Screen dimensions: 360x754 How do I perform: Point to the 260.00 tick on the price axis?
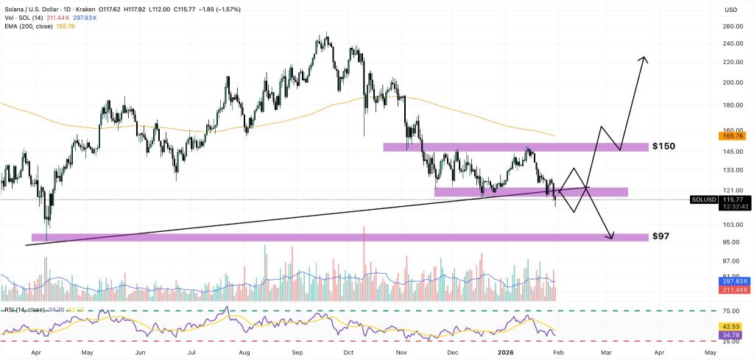coord(731,27)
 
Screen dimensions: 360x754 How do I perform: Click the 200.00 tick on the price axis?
coord(731,83)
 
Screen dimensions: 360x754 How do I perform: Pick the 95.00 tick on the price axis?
coord(730,242)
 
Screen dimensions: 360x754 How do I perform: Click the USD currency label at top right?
coord(731,10)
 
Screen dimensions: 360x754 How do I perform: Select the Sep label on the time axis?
coord(300,353)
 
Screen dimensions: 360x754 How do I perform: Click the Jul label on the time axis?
coord(192,353)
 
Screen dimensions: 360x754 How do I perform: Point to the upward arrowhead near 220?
coord(644,60)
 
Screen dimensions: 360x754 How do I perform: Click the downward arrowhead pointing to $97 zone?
coord(610,236)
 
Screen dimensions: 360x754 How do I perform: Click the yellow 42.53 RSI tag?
coord(731,326)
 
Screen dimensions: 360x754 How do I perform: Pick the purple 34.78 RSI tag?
coord(731,335)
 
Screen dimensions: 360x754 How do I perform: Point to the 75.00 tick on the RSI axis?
coord(730,311)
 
